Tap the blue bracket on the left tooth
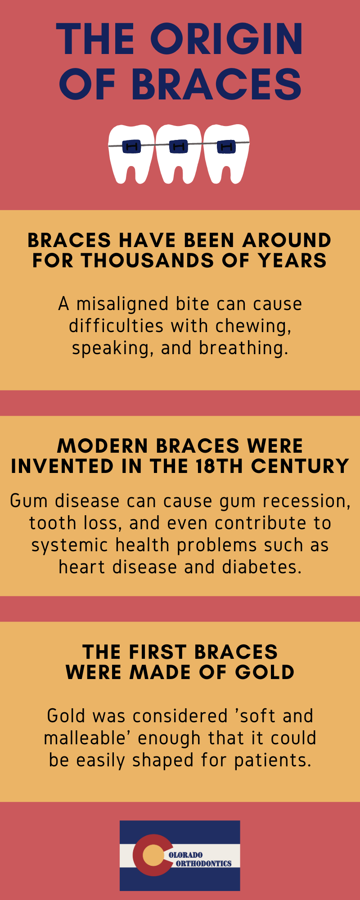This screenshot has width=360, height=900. (131, 146)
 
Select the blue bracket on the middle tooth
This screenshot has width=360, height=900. (179, 146)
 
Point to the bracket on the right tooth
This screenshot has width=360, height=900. (226, 147)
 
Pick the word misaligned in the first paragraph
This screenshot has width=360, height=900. (123, 304)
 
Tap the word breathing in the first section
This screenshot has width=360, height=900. (243, 348)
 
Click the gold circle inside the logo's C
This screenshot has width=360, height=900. (154, 855)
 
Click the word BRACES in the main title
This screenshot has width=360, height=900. (216, 84)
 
